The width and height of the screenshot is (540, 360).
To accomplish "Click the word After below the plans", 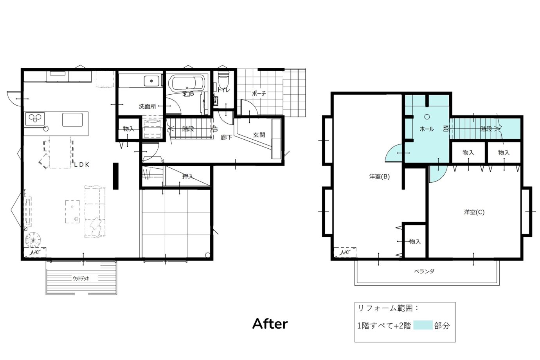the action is click(270, 324).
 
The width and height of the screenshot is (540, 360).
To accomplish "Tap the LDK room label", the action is click(82, 165).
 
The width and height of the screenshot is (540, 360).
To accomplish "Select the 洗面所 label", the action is click(147, 106).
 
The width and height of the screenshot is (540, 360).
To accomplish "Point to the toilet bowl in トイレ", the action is click(223, 79).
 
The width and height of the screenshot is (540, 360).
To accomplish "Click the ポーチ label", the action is click(259, 93).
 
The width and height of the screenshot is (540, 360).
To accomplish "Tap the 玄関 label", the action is click(259, 135).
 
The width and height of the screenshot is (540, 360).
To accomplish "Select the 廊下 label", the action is click(226, 137).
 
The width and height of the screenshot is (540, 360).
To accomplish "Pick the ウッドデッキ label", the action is click(81, 279).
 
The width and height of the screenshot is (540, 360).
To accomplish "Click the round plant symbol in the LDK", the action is click(33, 240).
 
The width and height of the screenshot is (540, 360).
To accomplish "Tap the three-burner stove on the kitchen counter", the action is click(35, 119).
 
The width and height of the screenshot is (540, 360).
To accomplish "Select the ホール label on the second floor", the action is click(427, 129).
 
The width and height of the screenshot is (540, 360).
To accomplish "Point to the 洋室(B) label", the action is click(380, 176).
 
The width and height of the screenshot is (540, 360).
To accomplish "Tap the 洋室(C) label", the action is click(474, 212).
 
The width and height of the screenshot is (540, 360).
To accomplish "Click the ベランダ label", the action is click(424, 271).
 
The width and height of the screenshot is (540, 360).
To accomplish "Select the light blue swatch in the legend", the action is click(423, 325).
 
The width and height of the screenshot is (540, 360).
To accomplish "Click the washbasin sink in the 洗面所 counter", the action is click(151, 81).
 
